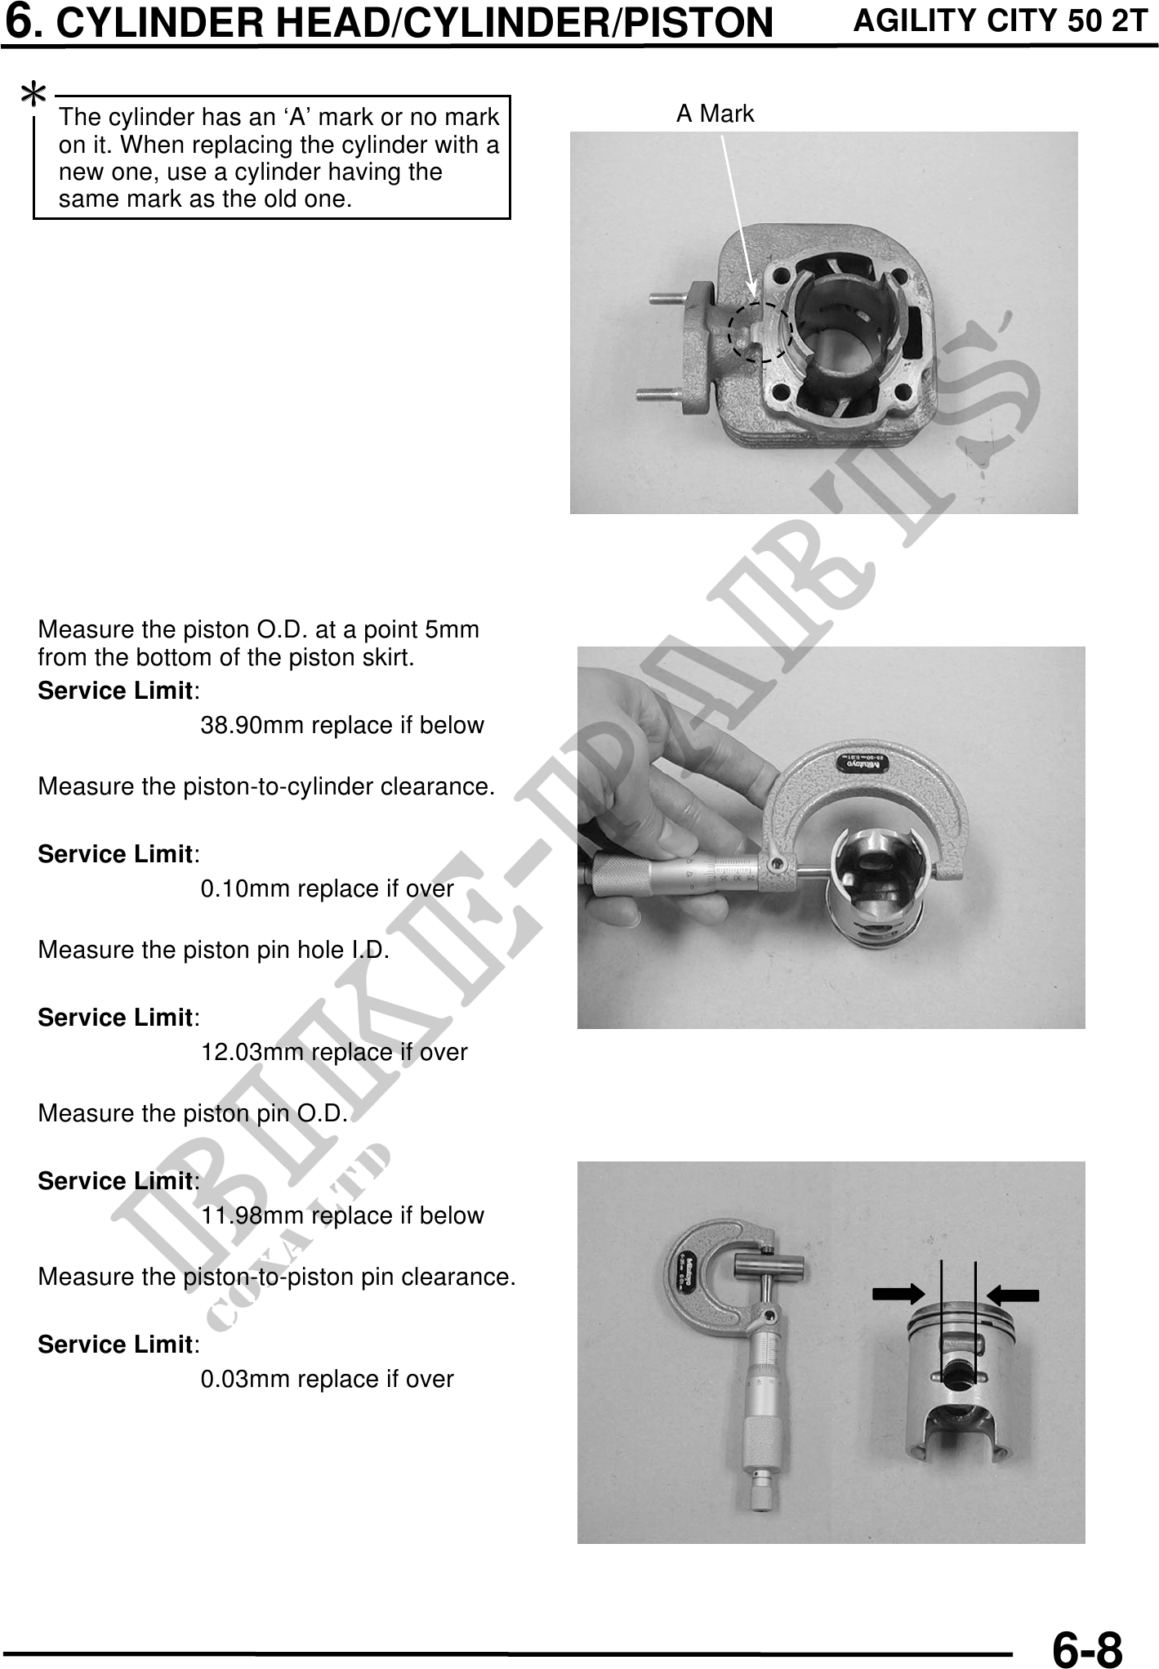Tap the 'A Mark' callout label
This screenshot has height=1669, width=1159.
pyautogui.click(x=715, y=114)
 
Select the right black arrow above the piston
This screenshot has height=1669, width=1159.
pyautogui.click(x=1013, y=1294)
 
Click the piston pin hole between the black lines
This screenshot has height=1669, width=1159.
pyautogui.click(x=959, y=1370)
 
